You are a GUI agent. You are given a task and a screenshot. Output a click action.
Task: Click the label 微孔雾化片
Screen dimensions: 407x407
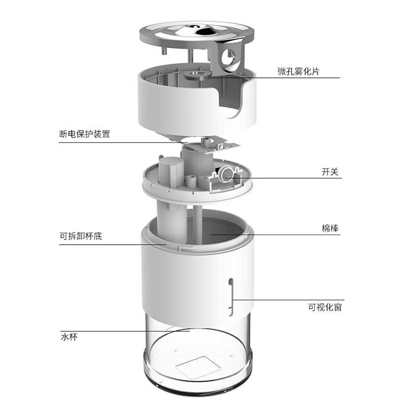298,71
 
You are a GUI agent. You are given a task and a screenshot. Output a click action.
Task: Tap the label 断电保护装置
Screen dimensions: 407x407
84,134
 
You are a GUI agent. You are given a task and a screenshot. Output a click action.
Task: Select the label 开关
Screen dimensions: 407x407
330,172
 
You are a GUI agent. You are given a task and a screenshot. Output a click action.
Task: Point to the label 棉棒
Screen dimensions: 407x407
330,228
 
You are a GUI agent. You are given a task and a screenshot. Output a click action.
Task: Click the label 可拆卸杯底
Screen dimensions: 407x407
81,236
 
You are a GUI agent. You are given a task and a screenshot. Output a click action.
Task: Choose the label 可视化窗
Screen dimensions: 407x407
325,307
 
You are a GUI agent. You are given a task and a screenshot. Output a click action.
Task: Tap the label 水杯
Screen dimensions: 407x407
69,337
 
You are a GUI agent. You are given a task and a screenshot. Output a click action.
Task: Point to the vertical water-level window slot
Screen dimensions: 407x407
230,297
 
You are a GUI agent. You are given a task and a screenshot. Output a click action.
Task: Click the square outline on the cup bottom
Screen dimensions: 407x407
198,367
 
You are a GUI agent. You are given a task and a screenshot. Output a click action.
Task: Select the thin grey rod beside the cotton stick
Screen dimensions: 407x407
197,224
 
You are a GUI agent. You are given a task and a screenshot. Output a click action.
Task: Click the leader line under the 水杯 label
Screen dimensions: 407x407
125,331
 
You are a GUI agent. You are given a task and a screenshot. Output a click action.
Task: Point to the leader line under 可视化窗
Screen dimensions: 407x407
288,300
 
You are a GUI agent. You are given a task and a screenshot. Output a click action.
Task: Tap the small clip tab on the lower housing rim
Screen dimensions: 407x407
186,248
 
